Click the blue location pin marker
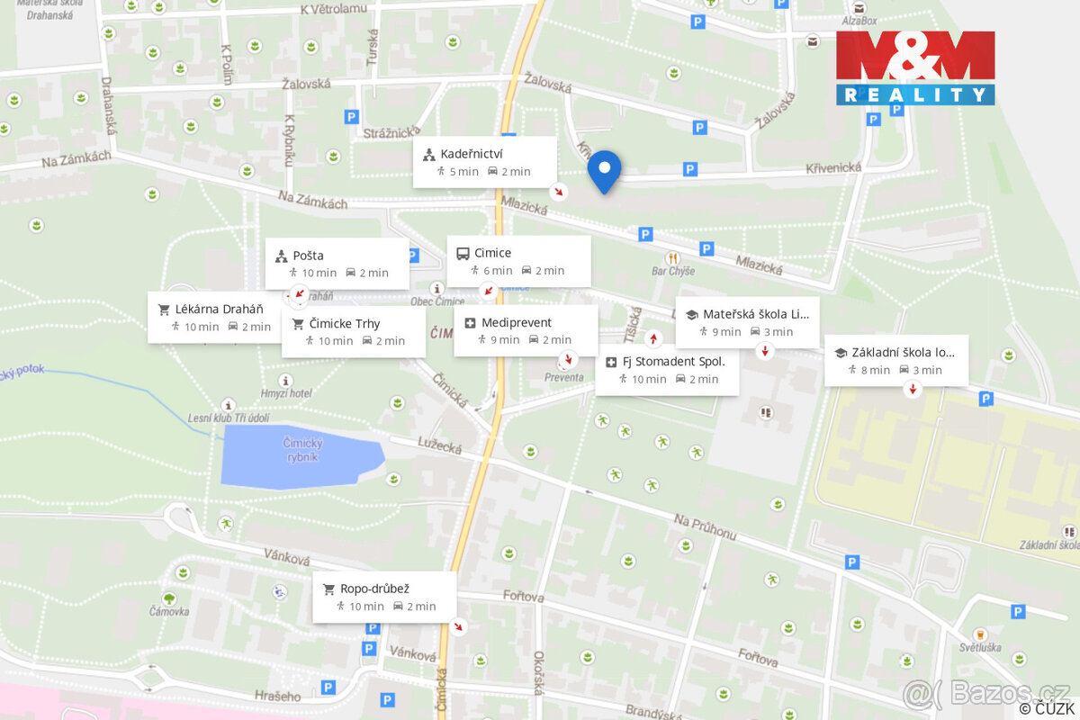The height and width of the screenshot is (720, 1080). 604,170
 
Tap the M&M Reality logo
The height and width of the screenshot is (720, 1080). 915,67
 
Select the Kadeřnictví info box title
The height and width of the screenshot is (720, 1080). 472,154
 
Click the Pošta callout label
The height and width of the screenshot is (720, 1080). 308,256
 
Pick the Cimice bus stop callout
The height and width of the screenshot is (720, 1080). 492,253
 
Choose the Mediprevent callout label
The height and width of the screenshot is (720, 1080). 516,322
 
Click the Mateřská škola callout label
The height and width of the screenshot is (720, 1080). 755,314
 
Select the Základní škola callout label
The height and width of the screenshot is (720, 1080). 903,352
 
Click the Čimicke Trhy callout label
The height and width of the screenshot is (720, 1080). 344,323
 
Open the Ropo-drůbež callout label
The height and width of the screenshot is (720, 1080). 374,589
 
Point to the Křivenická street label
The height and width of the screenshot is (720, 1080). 833,167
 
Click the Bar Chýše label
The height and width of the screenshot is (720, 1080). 673,271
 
